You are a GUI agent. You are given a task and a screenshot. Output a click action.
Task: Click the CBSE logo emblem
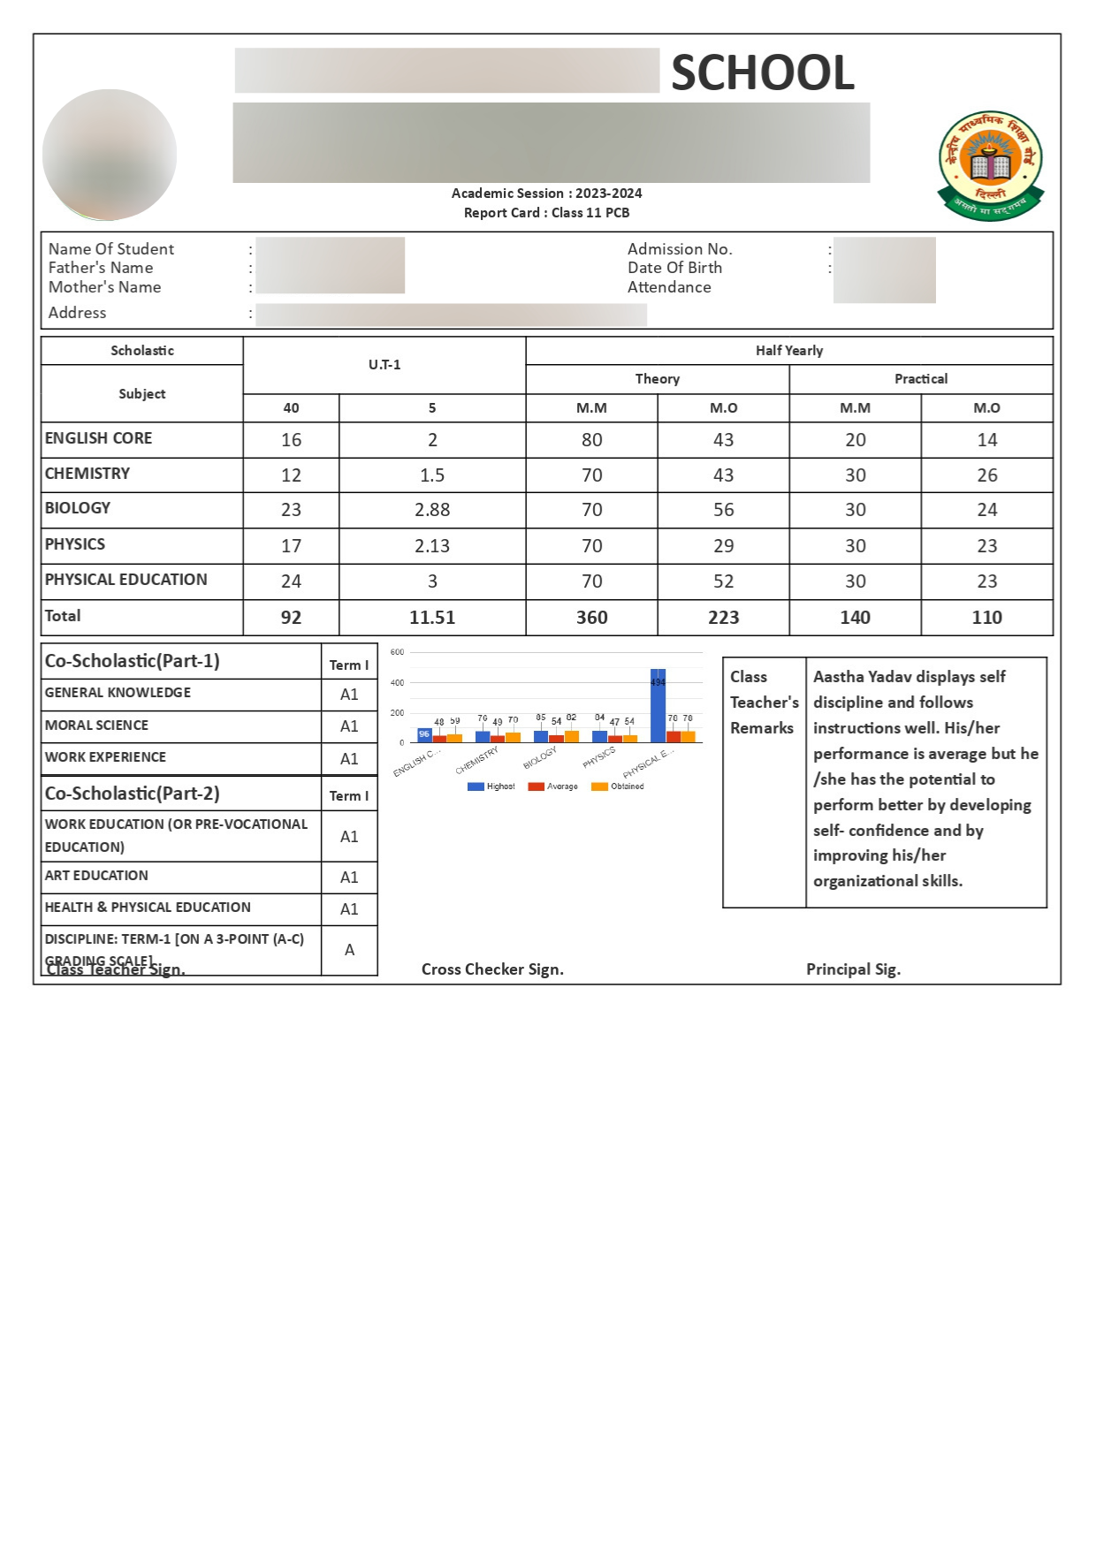coord(990,165)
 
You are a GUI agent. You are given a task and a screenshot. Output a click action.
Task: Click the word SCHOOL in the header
coord(763,72)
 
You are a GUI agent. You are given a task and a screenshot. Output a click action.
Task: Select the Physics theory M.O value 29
coord(723,546)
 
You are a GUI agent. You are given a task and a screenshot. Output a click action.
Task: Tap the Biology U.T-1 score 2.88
coord(432,510)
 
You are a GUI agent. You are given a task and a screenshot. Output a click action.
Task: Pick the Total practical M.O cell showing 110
coord(986,618)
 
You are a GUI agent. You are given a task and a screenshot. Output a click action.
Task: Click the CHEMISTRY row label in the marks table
coord(88,474)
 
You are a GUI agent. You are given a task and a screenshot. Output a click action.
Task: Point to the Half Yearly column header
coord(788,351)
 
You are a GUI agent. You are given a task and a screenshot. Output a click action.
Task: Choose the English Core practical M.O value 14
coord(986,440)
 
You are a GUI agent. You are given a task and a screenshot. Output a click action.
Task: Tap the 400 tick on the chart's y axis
coord(398,683)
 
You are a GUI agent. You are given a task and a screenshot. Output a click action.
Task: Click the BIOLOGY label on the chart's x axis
coord(539,758)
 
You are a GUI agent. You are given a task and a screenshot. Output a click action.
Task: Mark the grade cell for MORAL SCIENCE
coord(349,726)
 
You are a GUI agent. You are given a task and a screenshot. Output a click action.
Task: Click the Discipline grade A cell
coord(349,950)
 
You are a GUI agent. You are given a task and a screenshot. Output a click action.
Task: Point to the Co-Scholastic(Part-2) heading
coord(133,794)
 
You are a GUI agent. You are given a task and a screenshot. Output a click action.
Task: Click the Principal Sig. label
coord(853,969)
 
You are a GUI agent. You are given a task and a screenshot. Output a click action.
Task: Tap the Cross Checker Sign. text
coord(492,969)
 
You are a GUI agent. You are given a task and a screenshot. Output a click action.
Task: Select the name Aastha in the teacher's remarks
coord(838,677)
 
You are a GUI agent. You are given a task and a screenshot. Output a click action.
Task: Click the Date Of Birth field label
coord(674,268)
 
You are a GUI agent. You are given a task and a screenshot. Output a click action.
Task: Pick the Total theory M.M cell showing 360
coord(591,618)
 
